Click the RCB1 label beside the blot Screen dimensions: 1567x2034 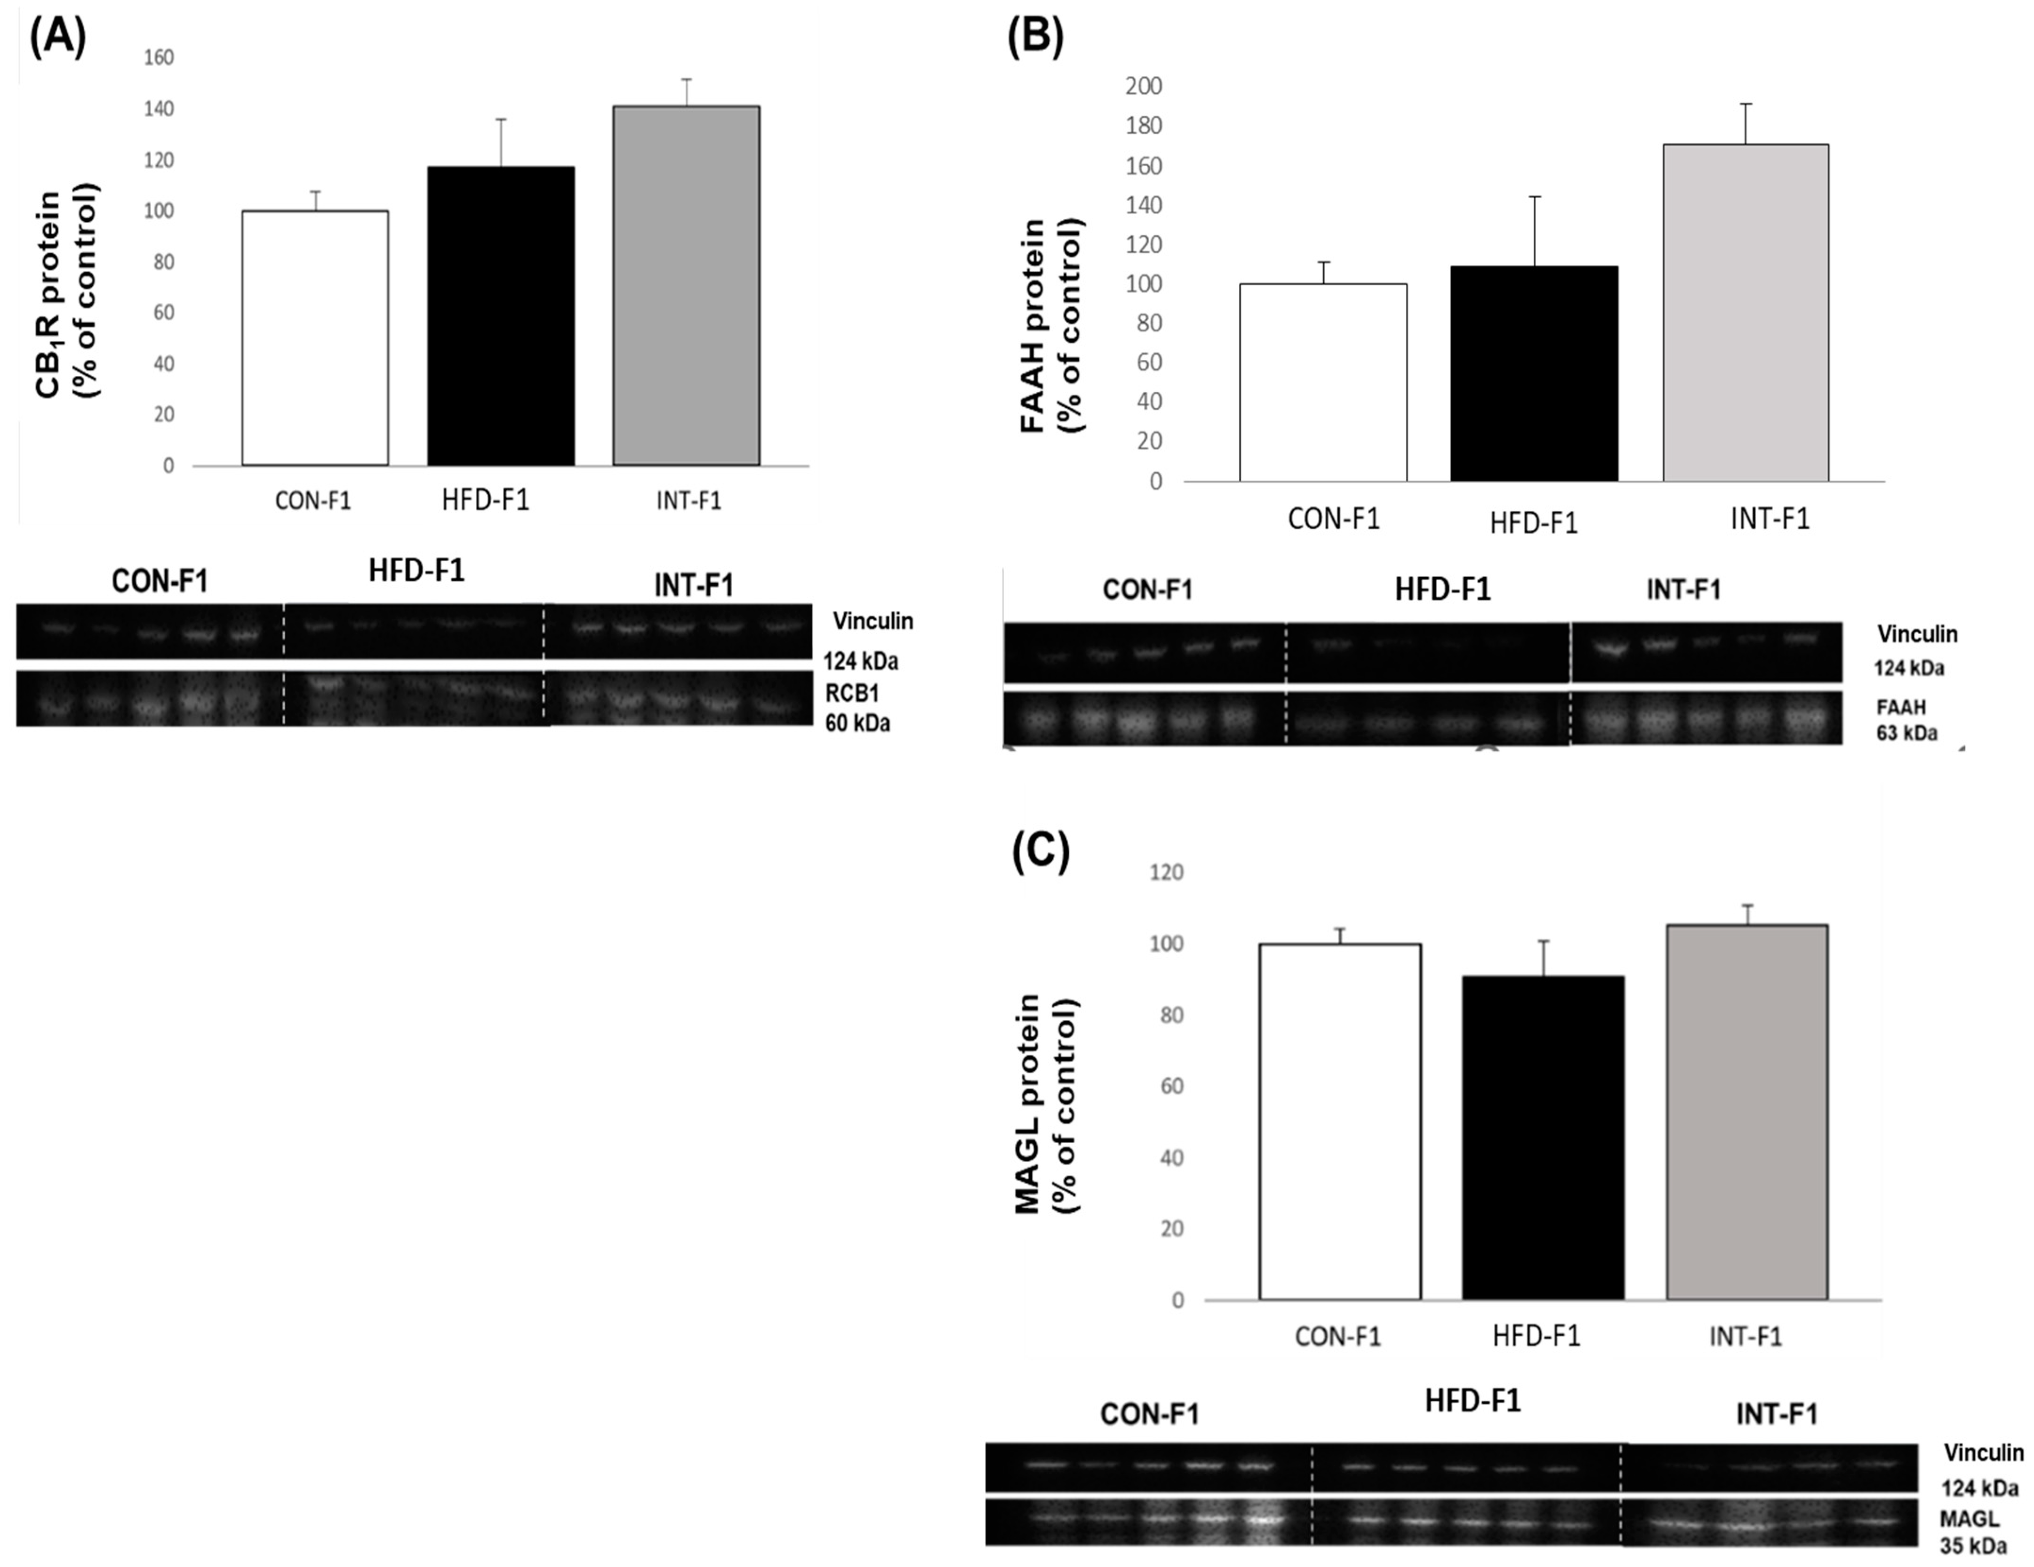coord(851,693)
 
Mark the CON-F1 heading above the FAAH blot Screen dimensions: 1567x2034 coord(1147,590)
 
